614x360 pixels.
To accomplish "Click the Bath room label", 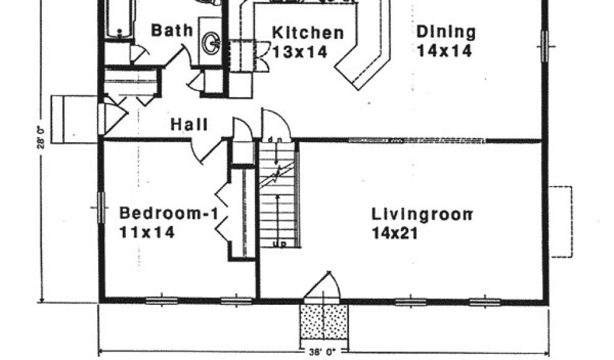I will coord(171,29).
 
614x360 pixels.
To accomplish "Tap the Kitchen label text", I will coord(308,33).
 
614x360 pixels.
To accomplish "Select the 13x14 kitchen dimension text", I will coord(300,52).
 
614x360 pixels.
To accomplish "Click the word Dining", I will coord(446,31).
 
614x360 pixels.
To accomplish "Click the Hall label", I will coord(189,125).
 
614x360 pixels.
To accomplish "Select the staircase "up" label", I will coord(279,244).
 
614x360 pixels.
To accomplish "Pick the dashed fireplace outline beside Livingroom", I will coord(562,221).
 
